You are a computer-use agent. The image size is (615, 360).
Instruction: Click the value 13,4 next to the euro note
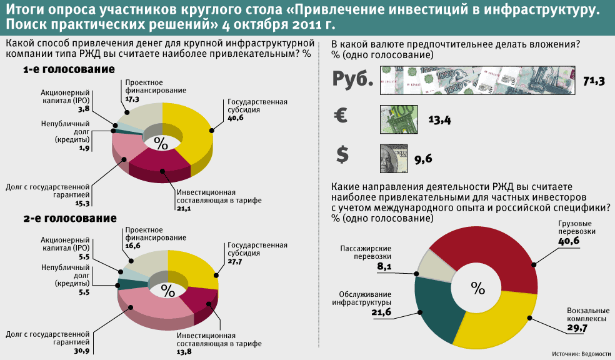pyautogui.click(x=439, y=120)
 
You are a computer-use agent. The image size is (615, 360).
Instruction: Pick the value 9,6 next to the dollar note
pyautogui.click(x=423, y=159)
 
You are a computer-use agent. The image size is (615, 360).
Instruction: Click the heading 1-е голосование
pyautogui.click(x=69, y=70)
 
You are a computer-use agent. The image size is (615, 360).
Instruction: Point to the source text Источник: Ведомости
pyautogui.click(x=582, y=354)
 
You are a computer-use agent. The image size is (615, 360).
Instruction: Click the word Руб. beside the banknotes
pyautogui.click(x=353, y=80)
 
